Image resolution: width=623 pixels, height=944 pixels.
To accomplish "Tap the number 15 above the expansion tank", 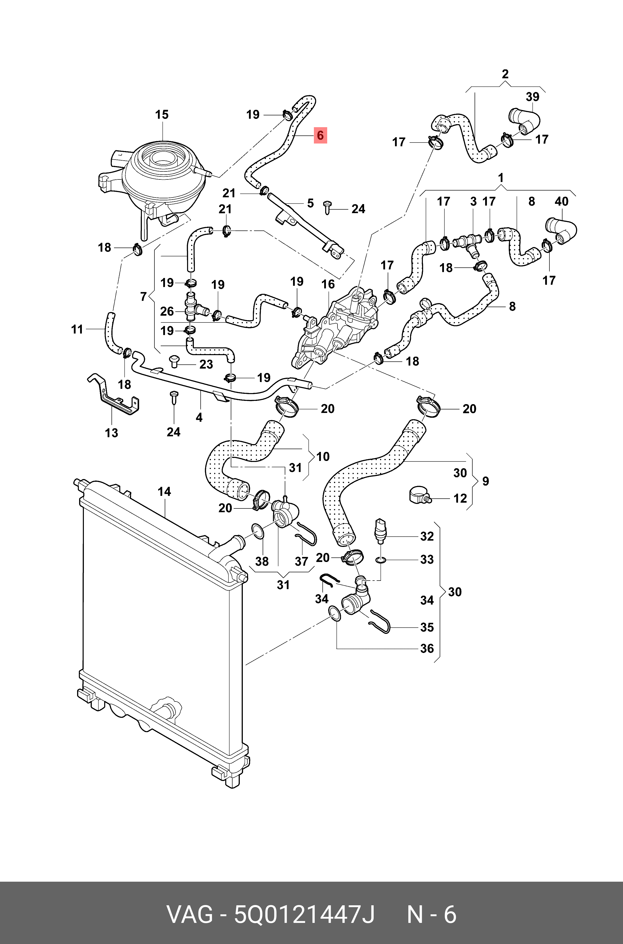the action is (x=162, y=115).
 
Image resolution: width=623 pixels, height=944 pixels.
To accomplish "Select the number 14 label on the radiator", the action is (x=164, y=492).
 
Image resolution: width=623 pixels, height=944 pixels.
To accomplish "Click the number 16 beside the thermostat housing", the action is (x=328, y=284).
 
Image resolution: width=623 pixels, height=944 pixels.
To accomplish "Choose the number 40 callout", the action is (x=561, y=201).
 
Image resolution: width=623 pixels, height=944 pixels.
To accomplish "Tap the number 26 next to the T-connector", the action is (x=167, y=311).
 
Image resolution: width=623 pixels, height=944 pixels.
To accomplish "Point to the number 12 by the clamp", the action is (x=460, y=498).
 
